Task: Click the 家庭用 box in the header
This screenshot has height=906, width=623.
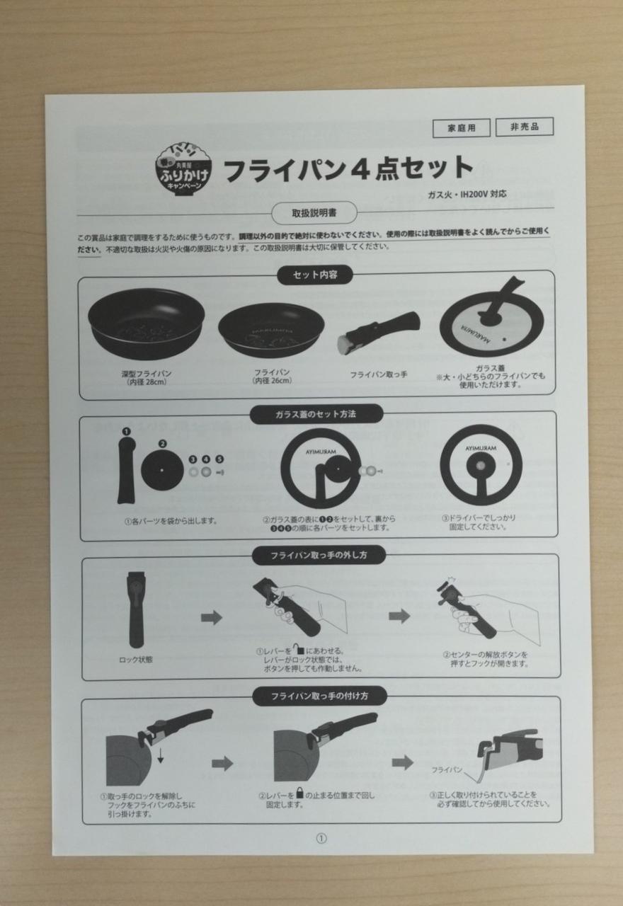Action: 461,128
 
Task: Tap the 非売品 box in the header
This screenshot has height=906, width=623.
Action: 524,127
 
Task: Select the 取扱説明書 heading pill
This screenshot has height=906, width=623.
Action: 314,212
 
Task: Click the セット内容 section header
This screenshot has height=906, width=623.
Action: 317,275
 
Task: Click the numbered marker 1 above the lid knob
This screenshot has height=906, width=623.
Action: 125,431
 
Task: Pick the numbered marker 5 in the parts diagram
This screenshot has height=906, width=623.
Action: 219,459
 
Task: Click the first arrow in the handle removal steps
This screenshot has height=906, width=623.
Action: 211,618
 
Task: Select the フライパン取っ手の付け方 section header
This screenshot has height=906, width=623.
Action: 319,696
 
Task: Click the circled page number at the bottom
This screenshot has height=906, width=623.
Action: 321,838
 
